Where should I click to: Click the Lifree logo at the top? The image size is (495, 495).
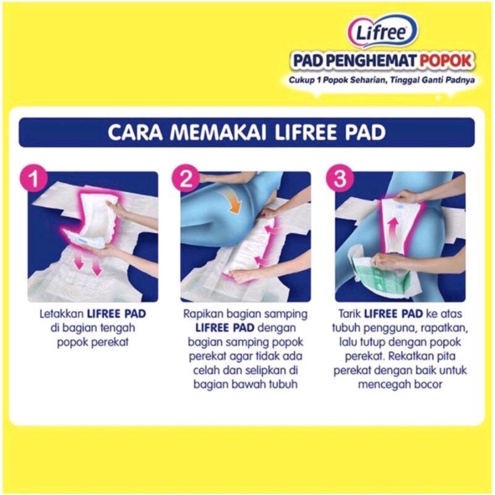pos(382,32)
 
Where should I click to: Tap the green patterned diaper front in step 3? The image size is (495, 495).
pos(386,278)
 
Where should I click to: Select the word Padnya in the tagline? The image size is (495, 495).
pos(460,80)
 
